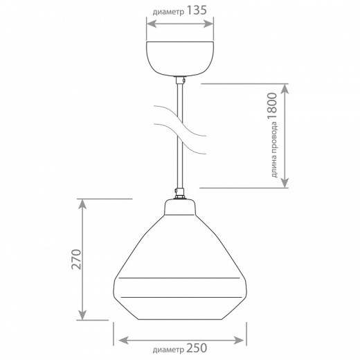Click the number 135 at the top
coord(197,10)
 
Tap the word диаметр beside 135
coord(168,12)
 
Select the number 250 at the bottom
coord(197,348)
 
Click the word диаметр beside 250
coord(168,350)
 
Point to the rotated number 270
coord(76,259)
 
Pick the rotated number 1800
coord(272,106)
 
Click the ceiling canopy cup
coord(180,59)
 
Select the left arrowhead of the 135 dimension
coord(152,24)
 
